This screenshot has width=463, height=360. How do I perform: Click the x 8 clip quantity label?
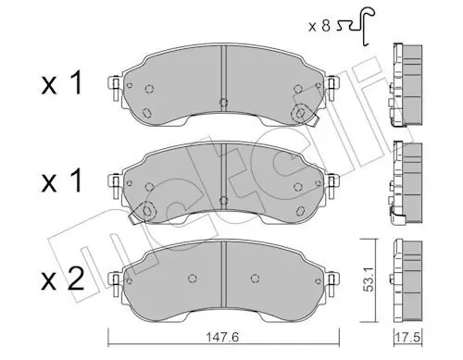click(x=319, y=26)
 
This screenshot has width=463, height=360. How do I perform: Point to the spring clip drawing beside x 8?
click(x=356, y=25)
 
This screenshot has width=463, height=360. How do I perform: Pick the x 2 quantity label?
click(x=63, y=279)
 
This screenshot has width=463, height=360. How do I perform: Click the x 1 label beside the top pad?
click(x=62, y=82)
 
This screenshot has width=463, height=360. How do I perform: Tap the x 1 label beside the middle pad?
click(x=62, y=180)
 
